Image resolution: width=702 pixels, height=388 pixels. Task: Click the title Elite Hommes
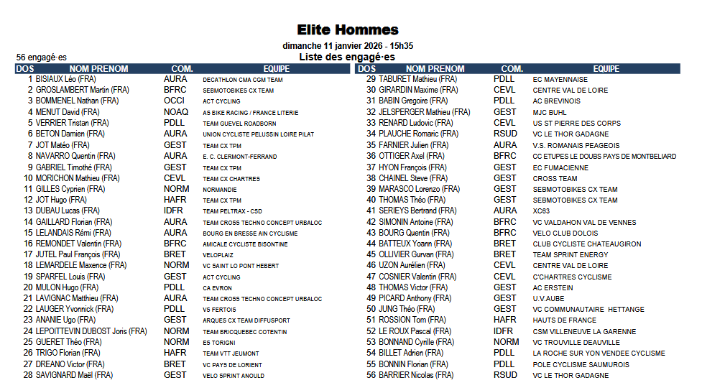[x=348, y=29]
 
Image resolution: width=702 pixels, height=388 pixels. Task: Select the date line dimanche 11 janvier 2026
[x=348, y=45]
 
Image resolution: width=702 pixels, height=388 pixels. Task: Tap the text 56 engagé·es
[x=42, y=57]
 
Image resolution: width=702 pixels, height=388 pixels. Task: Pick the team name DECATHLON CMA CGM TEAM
[x=242, y=80]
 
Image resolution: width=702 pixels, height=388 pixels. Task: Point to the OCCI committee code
[x=175, y=101]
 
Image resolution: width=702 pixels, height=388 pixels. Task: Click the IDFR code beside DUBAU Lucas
[x=174, y=211]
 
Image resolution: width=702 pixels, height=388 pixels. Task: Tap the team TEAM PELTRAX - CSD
[x=232, y=211]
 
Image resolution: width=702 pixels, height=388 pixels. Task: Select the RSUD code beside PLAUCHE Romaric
[x=505, y=134]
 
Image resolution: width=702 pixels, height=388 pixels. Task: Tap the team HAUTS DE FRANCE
[x=564, y=320]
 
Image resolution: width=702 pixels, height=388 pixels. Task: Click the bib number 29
[x=371, y=79]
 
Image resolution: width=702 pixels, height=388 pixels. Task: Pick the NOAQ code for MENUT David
[x=176, y=112]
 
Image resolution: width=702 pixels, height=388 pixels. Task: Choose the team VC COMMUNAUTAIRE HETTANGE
[x=588, y=310]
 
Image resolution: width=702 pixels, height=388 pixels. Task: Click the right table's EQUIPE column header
[x=606, y=69]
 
